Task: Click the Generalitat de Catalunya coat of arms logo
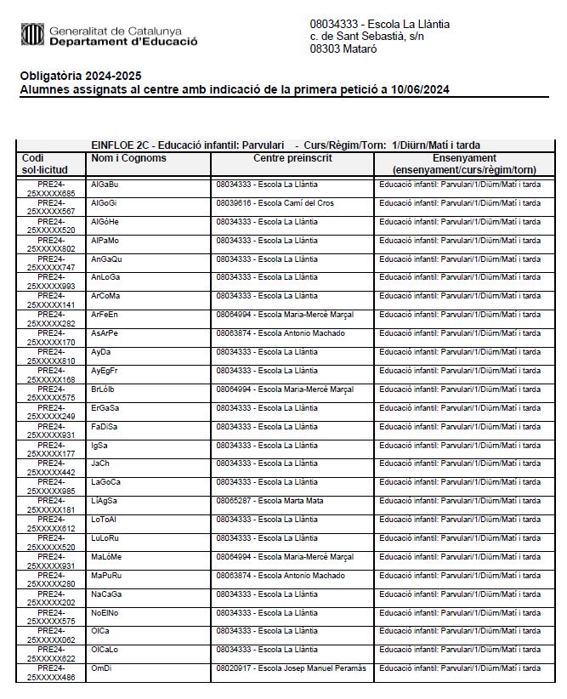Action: [32, 35]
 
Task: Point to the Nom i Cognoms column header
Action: [128, 158]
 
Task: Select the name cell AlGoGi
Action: [104, 203]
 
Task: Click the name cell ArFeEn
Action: [105, 315]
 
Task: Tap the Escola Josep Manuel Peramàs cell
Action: [291, 668]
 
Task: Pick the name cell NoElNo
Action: [105, 612]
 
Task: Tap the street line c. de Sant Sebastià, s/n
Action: [366, 37]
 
